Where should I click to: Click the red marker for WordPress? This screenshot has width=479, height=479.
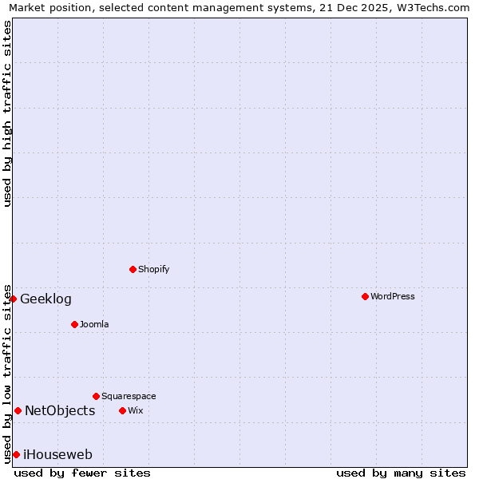click(365, 296)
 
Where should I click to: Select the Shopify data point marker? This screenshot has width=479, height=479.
click(133, 269)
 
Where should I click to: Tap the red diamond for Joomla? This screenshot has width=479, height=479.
click(74, 324)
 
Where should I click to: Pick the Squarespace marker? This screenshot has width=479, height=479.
click(96, 396)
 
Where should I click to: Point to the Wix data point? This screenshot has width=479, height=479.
click(122, 410)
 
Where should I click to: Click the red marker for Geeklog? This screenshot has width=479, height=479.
click(13, 299)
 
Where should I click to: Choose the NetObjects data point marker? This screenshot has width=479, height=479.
click(18, 410)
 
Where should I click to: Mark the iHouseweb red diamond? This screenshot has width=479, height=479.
click(16, 454)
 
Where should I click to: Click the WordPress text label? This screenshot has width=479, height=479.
click(393, 296)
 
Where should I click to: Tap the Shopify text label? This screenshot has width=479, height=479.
click(154, 269)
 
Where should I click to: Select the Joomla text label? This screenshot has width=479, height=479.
click(94, 324)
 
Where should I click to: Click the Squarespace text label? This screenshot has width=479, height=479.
click(129, 396)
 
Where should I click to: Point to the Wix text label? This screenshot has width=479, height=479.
click(135, 410)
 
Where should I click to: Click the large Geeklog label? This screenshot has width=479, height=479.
click(46, 299)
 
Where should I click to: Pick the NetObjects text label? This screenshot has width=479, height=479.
click(60, 411)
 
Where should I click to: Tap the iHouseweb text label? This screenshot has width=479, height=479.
click(57, 455)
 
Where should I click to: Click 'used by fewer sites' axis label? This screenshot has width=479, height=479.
click(82, 473)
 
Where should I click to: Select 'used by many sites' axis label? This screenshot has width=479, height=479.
click(401, 473)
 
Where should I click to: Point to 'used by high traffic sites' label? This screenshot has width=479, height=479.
click(8, 113)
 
